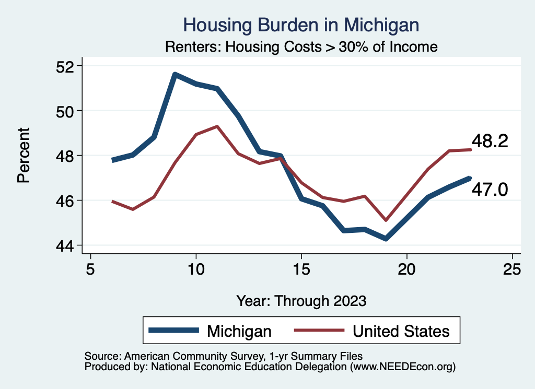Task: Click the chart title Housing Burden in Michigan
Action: pyautogui.click(x=301, y=25)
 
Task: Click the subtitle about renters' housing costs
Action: pyautogui.click(x=301, y=47)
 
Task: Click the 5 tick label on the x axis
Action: pyautogui.click(x=91, y=269)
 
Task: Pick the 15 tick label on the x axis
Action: pyautogui.click(x=301, y=269)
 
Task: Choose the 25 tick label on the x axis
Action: pyautogui.click(x=512, y=269)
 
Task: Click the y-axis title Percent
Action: pyautogui.click(x=23, y=156)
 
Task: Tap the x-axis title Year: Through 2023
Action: pyautogui.click(x=301, y=301)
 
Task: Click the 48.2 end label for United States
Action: pyautogui.click(x=490, y=141)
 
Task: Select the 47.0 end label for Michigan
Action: pyautogui.click(x=490, y=190)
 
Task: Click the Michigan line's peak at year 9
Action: pyautogui.click(x=175, y=75)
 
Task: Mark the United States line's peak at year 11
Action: pyautogui.click(x=217, y=126)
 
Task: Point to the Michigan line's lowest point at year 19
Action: pyautogui.click(x=386, y=239)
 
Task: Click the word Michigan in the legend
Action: pyautogui.click(x=239, y=331)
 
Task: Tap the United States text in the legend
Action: pyautogui.click(x=401, y=331)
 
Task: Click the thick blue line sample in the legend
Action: pyautogui.click(x=174, y=330)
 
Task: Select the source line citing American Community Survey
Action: pyautogui.click(x=224, y=357)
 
